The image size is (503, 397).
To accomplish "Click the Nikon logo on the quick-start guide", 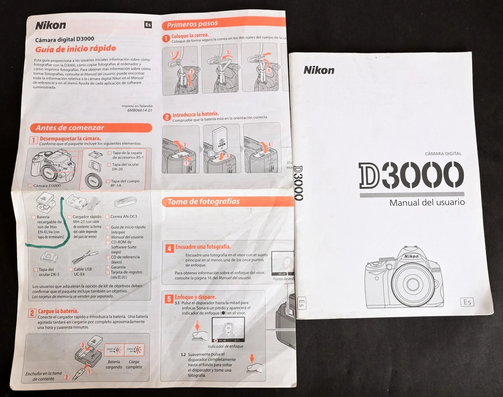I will pos(50,25).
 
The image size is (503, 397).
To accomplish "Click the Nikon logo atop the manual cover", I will pos(319,70).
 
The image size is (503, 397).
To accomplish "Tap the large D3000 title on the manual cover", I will pos(411,175).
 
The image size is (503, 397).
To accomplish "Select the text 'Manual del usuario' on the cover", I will pos(427,202).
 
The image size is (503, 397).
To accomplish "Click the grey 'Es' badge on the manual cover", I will pos(467,302).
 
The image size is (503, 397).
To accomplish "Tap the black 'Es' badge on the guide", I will pos(148,24).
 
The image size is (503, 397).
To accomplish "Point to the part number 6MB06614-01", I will pos(140,111).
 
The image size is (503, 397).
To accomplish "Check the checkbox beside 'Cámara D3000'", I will pos(30,185).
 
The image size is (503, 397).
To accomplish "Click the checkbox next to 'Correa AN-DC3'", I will pos(107,217).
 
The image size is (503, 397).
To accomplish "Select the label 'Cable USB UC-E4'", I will pos(83,272).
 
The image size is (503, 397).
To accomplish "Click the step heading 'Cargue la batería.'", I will pos(58,311).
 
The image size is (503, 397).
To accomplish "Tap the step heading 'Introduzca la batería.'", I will pos(195,114).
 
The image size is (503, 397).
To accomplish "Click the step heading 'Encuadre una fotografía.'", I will pos(203,247).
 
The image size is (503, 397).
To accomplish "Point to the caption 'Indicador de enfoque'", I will pos(225,346).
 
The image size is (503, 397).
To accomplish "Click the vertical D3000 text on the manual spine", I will pos(298,182).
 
